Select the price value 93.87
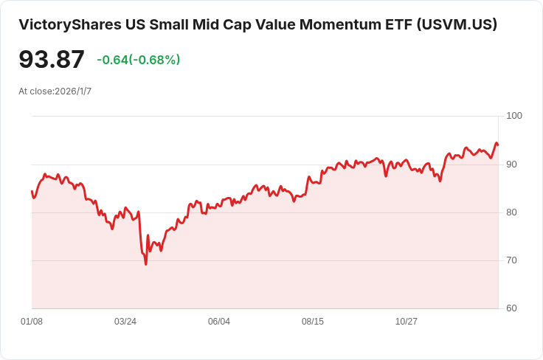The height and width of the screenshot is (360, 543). [x=52, y=60]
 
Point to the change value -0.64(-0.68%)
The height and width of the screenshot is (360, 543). [x=138, y=60]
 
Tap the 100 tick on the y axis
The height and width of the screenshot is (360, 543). [x=514, y=116]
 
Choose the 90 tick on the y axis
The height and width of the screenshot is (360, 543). [x=512, y=165]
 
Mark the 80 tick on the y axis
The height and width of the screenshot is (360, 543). [x=512, y=212]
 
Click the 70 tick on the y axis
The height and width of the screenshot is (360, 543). [x=512, y=260]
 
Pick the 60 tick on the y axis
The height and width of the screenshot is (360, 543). [x=512, y=308]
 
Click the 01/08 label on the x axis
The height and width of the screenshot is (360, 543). [x=32, y=322]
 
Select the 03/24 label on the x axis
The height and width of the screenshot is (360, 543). [x=125, y=322]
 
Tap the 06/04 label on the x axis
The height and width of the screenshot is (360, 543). [x=219, y=322]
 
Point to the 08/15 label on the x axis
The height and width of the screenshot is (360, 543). [x=313, y=322]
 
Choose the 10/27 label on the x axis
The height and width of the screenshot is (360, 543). [x=407, y=322]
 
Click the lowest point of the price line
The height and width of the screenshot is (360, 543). [x=146, y=264]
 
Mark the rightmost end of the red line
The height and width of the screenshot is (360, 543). [x=498, y=145]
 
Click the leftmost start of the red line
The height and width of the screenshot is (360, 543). [x=32, y=192]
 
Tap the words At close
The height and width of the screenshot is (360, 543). [x=35, y=91]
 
